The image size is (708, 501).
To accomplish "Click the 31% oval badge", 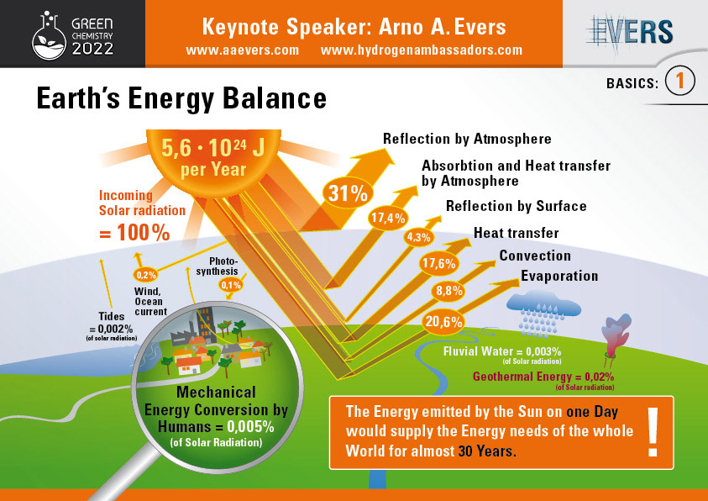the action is [348, 193].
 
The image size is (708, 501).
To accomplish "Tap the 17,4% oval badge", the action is [388, 219].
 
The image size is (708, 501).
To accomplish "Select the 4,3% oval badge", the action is [419, 237].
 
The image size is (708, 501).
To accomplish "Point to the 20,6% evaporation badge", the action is [443, 322].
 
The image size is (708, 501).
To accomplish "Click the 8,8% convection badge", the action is [449, 291].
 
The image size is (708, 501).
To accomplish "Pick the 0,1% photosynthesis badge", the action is [231, 285].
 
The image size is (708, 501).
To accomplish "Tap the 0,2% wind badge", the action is [146, 275].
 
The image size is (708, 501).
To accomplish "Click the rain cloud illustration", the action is [543, 313].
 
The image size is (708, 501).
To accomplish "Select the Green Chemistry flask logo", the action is [49, 36].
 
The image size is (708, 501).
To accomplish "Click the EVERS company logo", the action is [630, 33].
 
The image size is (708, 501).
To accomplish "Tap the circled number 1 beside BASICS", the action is [680, 81].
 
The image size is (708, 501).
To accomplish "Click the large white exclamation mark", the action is [653, 432].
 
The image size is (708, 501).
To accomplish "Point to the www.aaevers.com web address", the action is [243, 50].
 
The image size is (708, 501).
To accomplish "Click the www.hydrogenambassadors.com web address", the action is [422, 50].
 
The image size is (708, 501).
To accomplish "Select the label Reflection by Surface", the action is [517, 206].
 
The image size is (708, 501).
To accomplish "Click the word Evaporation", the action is [559, 276].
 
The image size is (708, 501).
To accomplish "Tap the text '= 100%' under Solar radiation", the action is [134, 233].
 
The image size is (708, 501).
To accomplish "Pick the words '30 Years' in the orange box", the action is [485, 451].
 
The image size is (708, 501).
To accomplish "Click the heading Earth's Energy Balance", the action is [181, 98].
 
